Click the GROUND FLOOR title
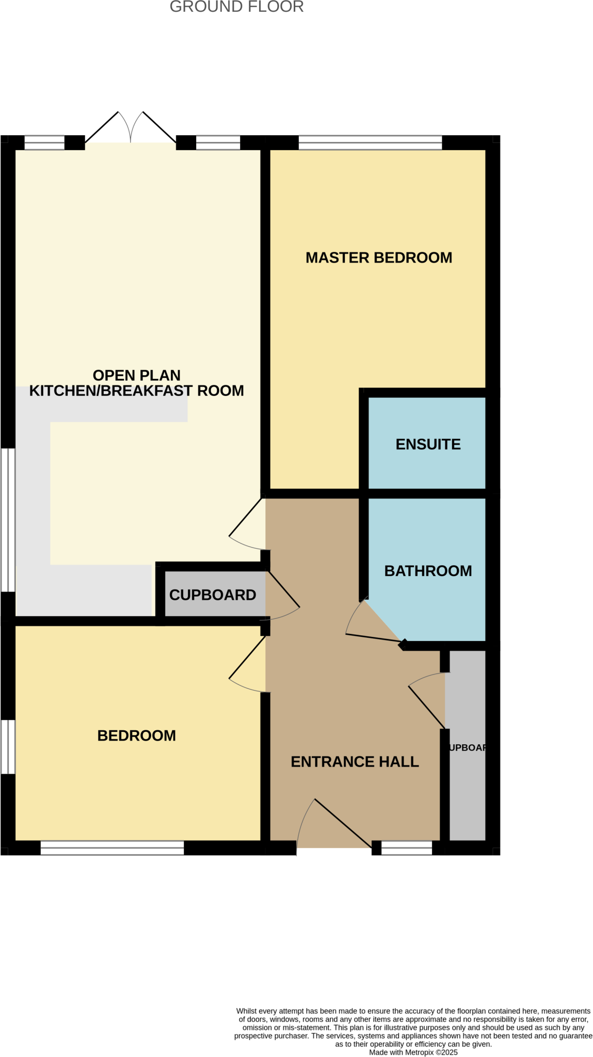point(236,7)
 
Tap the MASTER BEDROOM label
point(378,258)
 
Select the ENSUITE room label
point(428,444)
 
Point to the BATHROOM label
point(428,570)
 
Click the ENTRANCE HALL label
point(355,761)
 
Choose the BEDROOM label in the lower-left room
point(136,735)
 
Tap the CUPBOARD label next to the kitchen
point(212,595)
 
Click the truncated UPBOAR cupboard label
point(467,747)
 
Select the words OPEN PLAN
point(136,375)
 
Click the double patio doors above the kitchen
point(130,129)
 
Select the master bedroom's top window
point(370,142)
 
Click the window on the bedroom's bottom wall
point(112,848)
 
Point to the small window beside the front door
point(406,847)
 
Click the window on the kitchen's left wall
point(8,519)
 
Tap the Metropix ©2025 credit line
point(413,1052)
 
